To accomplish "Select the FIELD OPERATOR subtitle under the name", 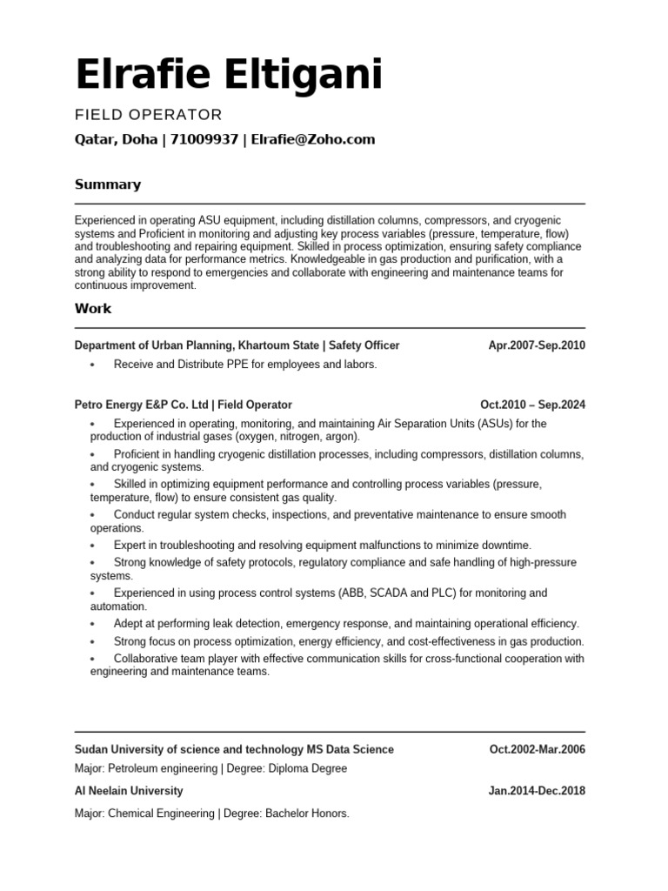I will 149,115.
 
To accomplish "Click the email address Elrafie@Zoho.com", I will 313,139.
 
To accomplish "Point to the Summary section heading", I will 108,184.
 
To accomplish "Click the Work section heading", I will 93,308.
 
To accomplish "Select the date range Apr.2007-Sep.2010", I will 537,345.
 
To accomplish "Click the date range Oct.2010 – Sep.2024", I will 532,405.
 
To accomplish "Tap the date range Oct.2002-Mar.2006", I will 537,749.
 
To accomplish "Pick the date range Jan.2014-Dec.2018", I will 537,791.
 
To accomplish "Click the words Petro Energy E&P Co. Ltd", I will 142,405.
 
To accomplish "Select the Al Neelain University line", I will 130,791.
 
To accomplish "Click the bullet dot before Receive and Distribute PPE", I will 92,365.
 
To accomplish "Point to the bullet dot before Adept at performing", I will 92,625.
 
